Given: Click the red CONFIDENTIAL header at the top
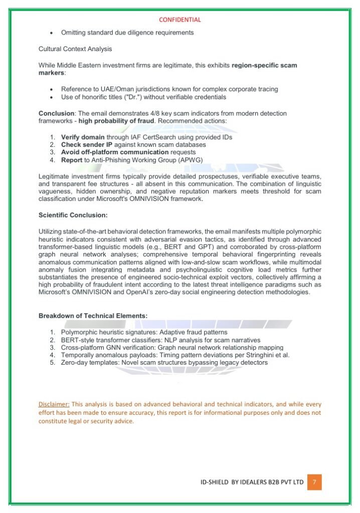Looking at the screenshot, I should tap(179, 20).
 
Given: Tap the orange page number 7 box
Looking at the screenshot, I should tap(314, 482).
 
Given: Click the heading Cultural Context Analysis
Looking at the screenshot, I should tap(75, 49).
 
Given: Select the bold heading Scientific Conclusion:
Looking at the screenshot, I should tap(73, 215).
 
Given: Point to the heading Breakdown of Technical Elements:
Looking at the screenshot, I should tap(93, 316).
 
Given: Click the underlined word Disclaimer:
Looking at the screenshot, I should tap(54, 404).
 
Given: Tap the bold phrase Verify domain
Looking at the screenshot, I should tap(83, 137).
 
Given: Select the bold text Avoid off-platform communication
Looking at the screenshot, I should tap(115, 152).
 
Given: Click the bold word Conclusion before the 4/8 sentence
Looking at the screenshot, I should tap(56, 114).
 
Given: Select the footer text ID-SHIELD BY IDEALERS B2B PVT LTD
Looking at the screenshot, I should tap(251, 482).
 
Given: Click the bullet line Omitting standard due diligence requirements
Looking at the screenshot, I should tap(127, 33).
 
